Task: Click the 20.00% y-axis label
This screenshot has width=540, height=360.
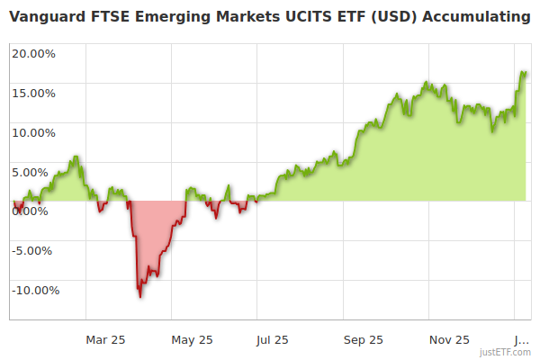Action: (x=34, y=53)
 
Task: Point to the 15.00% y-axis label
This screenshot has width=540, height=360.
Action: (x=34, y=93)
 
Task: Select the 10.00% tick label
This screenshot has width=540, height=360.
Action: (x=34, y=132)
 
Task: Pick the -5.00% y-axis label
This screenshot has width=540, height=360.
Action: (x=35, y=250)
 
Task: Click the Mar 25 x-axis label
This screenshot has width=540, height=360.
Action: (x=105, y=339)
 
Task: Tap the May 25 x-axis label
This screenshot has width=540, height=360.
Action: (x=193, y=339)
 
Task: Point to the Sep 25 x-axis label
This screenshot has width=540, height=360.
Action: (x=363, y=339)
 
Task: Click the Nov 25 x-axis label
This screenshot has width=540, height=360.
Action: (x=449, y=339)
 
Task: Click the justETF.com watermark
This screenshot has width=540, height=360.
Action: (x=505, y=352)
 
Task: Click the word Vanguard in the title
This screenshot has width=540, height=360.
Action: (x=47, y=17)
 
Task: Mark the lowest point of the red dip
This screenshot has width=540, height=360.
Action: (x=139, y=297)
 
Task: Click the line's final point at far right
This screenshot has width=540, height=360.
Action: (x=525, y=72)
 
